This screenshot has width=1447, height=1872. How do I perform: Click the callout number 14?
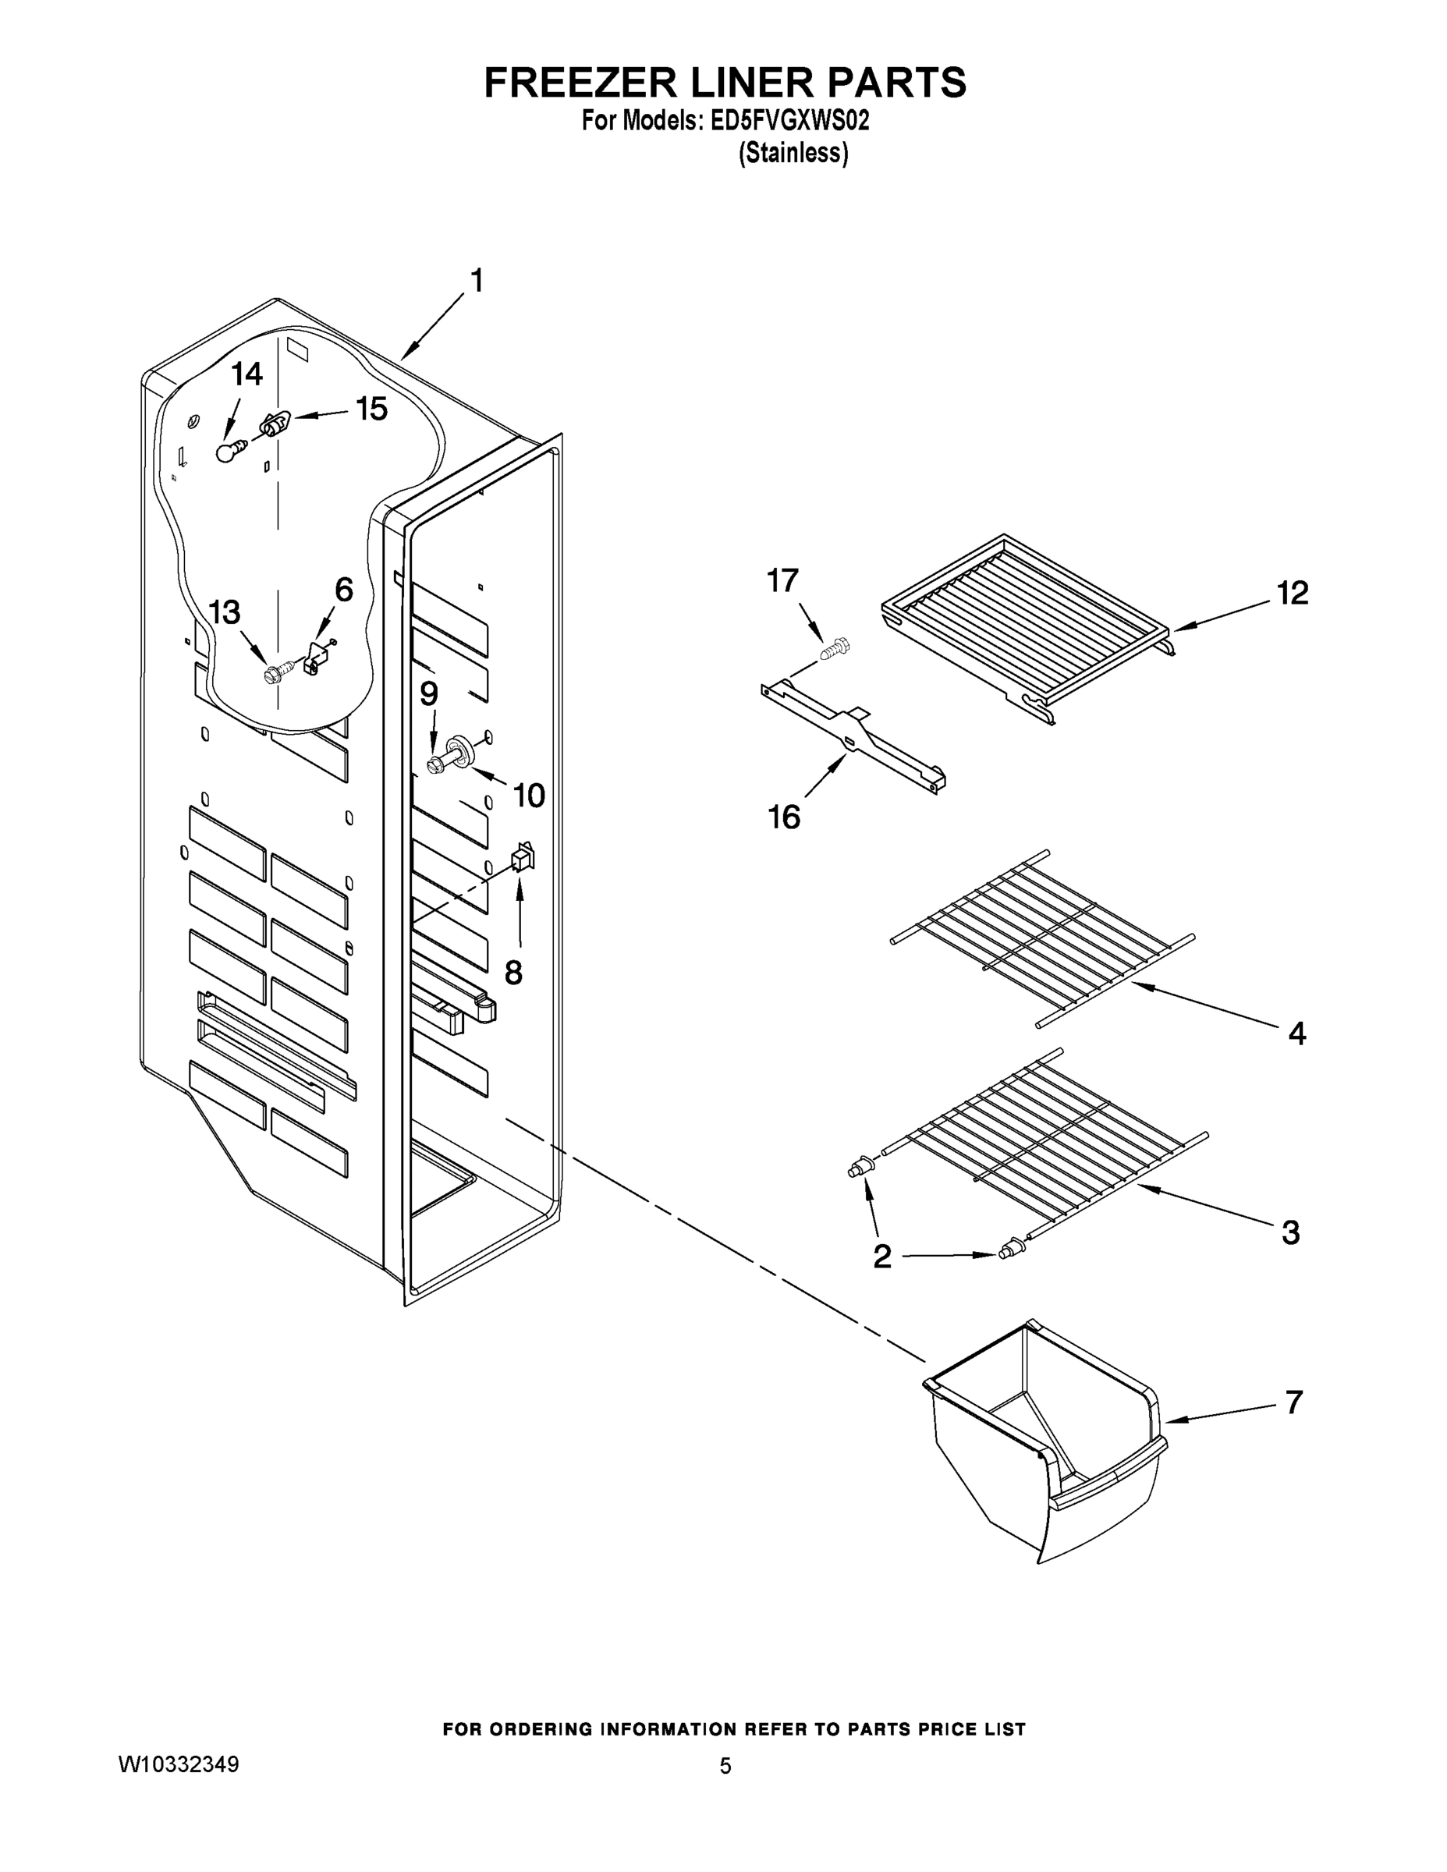(x=246, y=374)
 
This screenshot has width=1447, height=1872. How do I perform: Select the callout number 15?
(x=371, y=409)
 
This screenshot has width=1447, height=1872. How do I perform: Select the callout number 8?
(x=512, y=972)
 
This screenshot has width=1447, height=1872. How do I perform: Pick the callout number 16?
(x=783, y=817)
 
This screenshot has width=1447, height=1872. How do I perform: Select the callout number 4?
(x=1297, y=1033)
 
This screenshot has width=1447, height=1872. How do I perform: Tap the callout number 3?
(x=1290, y=1232)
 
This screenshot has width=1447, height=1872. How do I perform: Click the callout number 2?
(x=882, y=1257)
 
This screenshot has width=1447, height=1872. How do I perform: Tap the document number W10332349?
(x=179, y=1764)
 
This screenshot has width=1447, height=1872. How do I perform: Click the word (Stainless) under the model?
(x=794, y=154)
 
